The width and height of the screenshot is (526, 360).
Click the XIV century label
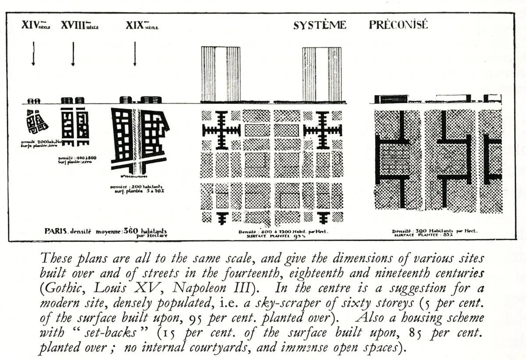click(36, 25)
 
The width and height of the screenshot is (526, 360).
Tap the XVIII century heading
click(79, 25)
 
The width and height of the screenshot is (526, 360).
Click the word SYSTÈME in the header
click(320, 25)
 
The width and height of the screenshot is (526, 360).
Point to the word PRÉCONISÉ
click(398, 25)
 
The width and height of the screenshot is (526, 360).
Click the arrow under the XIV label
click(33, 53)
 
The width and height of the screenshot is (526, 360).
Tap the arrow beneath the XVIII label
click(73, 53)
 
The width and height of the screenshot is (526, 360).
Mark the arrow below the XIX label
click(135, 53)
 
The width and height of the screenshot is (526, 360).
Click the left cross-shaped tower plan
click(221, 130)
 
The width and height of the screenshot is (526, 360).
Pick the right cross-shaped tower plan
click(323, 130)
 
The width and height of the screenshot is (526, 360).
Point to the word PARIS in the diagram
click(55, 231)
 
